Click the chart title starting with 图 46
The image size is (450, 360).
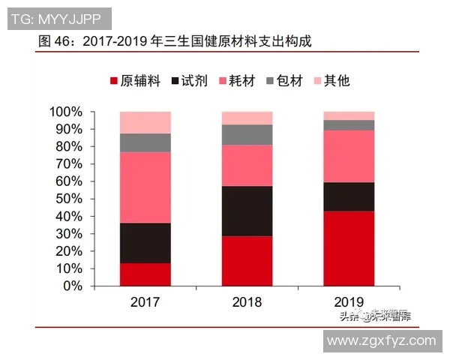click(174, 41)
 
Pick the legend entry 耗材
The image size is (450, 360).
click(239, 81)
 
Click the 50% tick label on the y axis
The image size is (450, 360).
click(69, 199)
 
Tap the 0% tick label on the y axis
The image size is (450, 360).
click(72, 286)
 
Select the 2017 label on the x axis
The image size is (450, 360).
click(145, 302)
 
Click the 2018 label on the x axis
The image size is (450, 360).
click(247, 302)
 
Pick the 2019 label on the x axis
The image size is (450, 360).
click(349, 302)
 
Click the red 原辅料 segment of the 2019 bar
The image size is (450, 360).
click(349, 248)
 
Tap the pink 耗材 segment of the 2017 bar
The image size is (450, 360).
click(145, 187)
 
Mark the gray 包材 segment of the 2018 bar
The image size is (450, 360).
click(247, 134)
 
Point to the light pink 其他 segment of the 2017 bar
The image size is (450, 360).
click(145, 122)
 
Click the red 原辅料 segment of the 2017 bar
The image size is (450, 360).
click(145, 274)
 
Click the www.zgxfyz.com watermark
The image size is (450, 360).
click(382, 340)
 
